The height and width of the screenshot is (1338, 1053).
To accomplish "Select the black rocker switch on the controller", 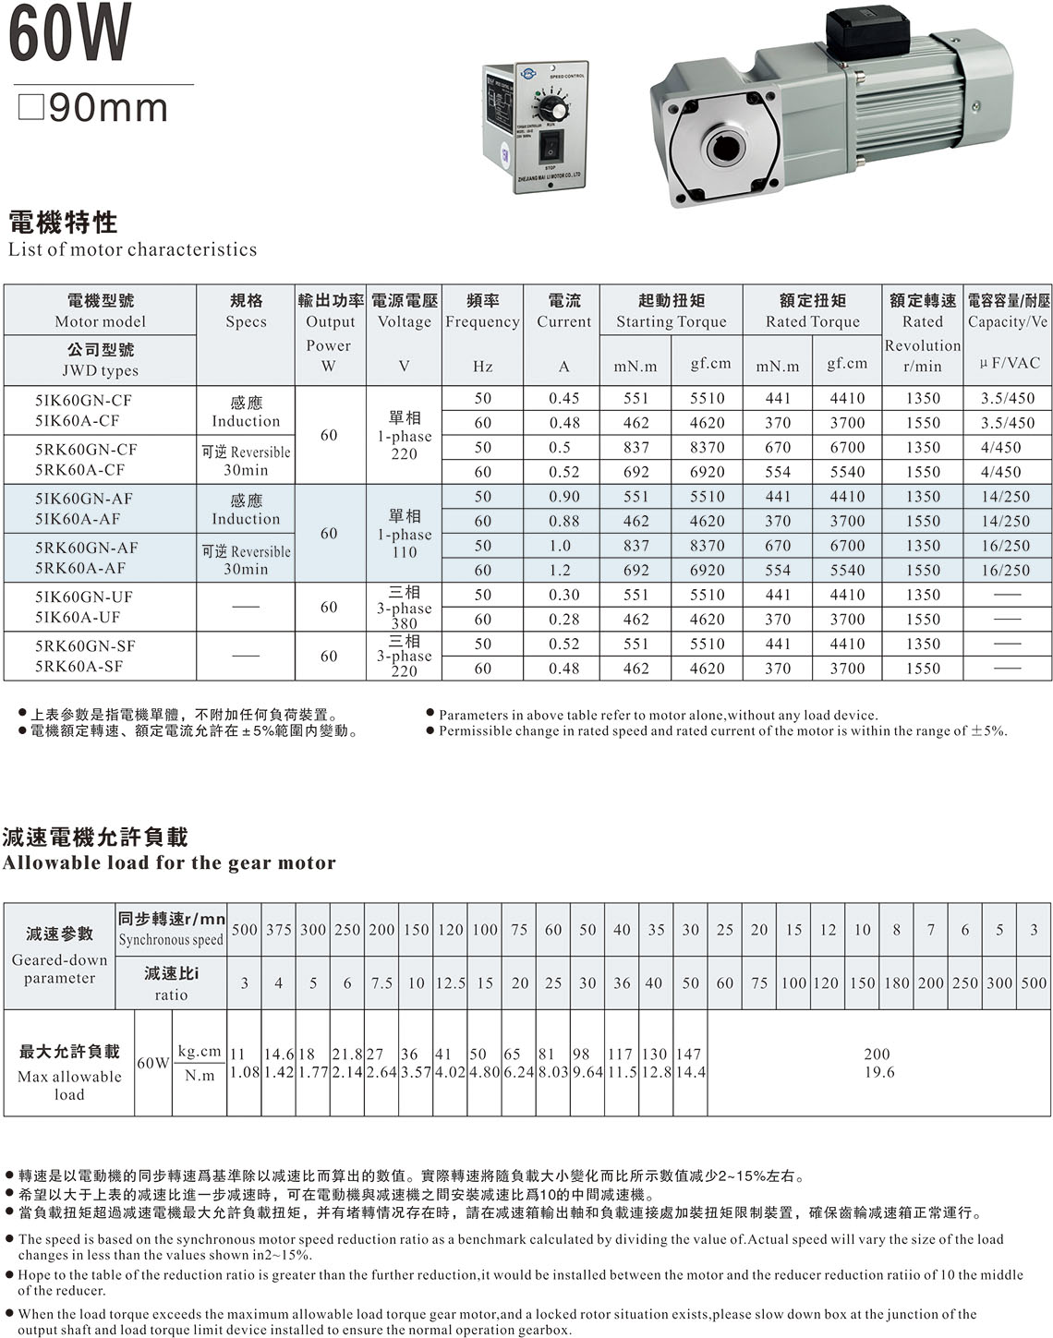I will (551, 145).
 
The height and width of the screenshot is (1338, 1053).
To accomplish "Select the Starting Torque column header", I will (671, 311).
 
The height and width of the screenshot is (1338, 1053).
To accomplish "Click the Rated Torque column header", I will (812, 311).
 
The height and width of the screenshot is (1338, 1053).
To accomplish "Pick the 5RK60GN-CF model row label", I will (86, 450).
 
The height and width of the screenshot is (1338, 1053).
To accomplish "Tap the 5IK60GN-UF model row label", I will (84, 597).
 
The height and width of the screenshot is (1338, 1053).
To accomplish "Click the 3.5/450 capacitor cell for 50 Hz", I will (1007, 398).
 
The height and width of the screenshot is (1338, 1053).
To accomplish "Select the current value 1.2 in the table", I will (563, 571).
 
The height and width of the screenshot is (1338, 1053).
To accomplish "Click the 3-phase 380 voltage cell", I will (404, 608).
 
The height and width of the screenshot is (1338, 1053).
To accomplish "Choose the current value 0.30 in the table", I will (563, 596).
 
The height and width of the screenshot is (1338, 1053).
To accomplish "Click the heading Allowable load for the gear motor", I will (169, 862).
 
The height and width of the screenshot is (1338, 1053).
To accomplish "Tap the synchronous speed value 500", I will (245, 929).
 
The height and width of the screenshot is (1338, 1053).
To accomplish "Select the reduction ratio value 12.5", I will (450, 983).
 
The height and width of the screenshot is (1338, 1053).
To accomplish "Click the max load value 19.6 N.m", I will (878, 1072).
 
